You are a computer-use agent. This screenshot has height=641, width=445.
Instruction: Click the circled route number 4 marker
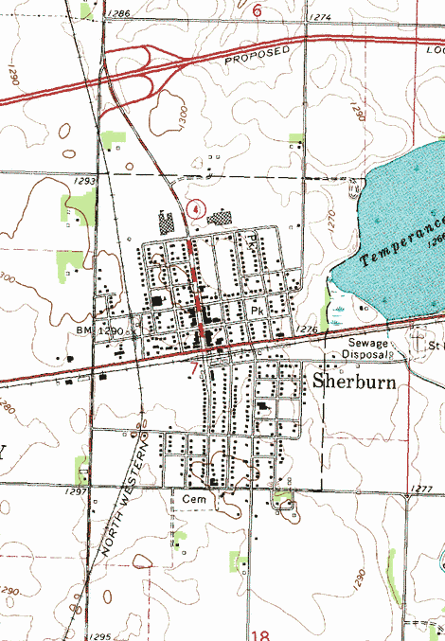click(195, 207)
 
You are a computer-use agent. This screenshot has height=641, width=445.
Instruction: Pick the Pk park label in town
click(256, 310)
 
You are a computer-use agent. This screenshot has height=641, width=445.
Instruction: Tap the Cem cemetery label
click(194, 496)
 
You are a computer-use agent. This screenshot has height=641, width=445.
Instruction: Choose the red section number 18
click(260, 632)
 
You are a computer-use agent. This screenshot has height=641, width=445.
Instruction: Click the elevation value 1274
click(320, 17)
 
